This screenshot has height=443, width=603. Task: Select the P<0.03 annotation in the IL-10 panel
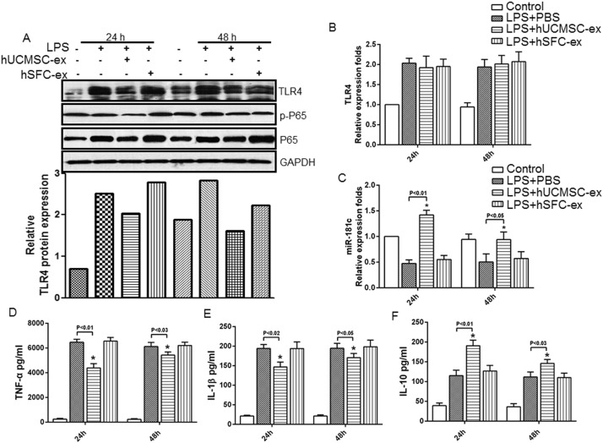click(544, 344)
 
